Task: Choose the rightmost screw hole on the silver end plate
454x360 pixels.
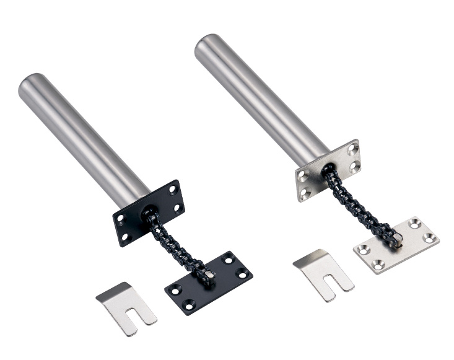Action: [x=432, y=237]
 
